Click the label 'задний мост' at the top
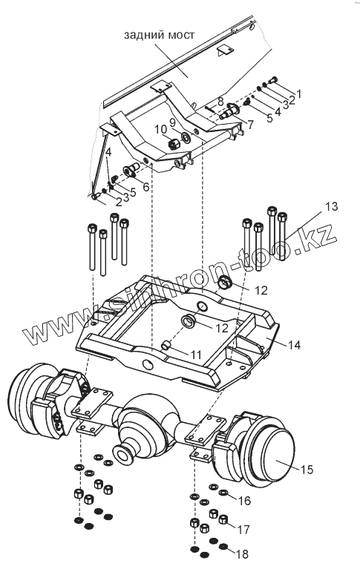(159, 35)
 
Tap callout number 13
(331, 206)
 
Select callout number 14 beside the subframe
(294, 345)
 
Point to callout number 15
(307, 469)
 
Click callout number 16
(244, 501)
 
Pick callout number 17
(243, 530)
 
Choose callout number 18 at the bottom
(242, 554)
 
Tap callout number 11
(196, 354)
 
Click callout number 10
(160, 129)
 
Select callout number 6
(145, 186)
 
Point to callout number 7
(249, 124)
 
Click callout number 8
(220, 101)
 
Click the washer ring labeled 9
(186, 138)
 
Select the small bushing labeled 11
(166, 345)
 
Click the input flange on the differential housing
(122, 453)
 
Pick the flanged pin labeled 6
(131, 170)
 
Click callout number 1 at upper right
(298, 93)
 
